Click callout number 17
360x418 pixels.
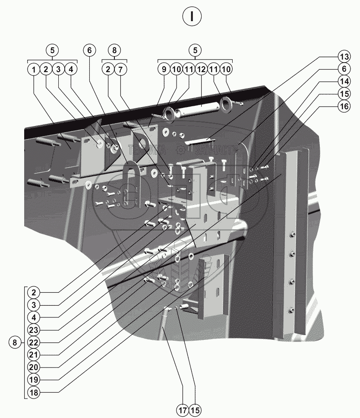coord(183,409)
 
